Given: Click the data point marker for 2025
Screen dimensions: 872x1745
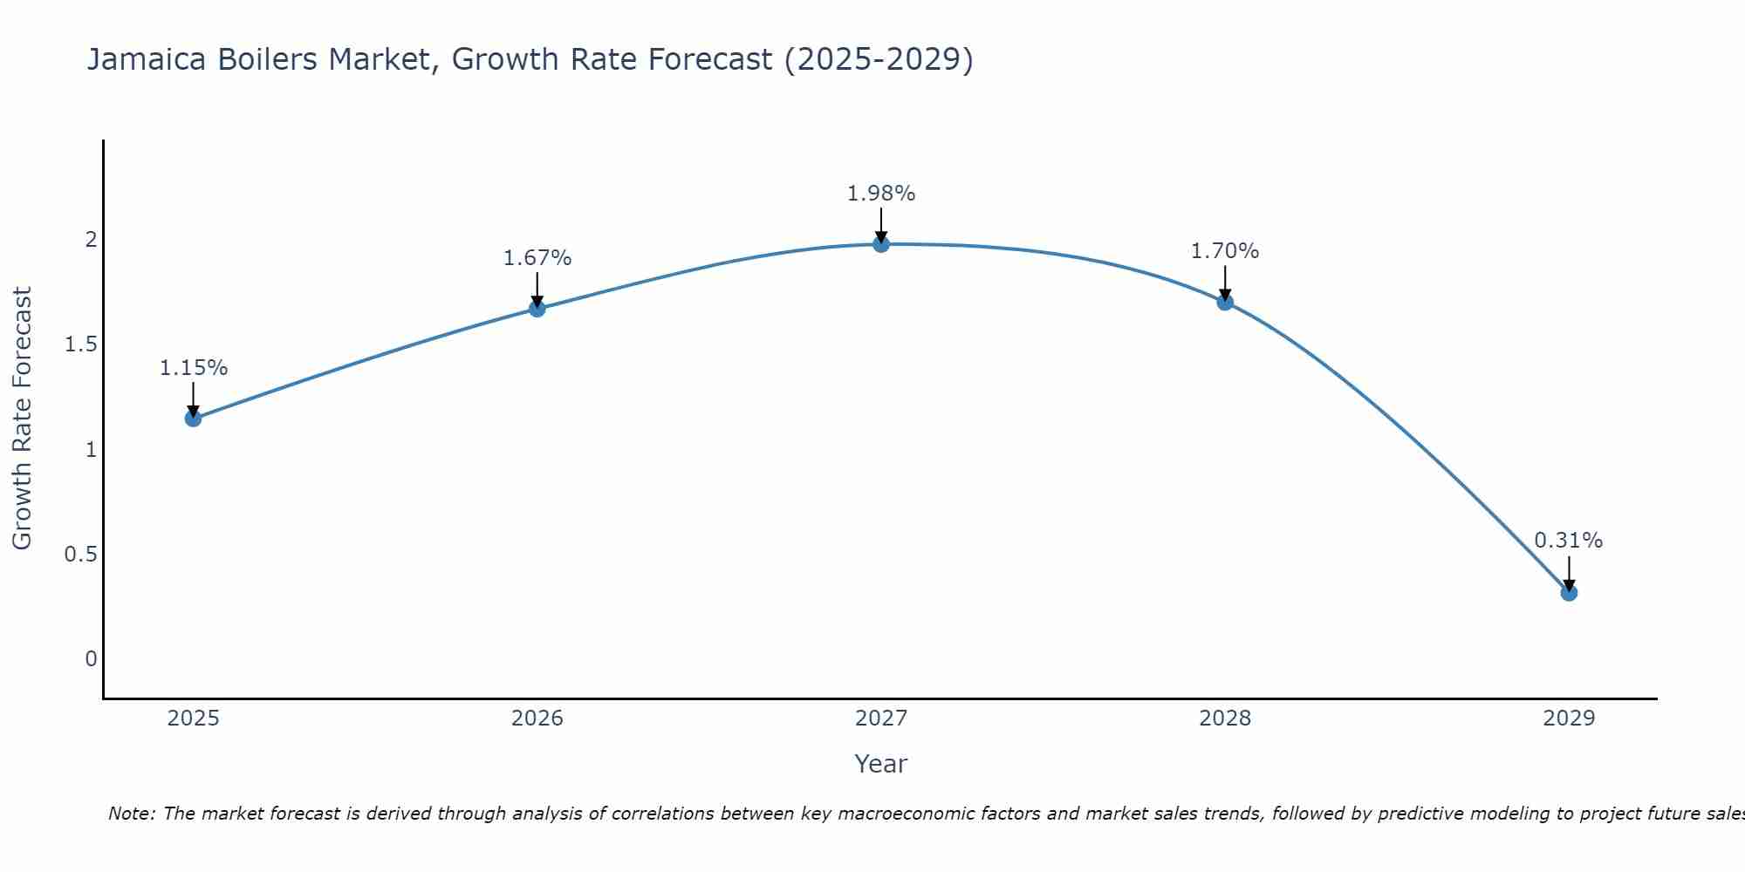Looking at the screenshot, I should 193,419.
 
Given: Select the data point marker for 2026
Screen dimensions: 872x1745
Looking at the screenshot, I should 537,309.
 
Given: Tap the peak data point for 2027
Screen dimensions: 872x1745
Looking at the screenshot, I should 881,244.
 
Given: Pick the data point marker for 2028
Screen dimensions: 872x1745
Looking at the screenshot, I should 1225,303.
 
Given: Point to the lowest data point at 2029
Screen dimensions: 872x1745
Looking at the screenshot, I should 1569,593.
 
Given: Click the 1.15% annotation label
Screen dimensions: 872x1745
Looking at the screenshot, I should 193,368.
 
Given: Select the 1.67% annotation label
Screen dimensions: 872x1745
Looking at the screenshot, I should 537,258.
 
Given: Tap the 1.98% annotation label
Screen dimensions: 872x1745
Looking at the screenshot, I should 881,194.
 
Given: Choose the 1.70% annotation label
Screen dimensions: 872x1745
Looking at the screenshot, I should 1225,251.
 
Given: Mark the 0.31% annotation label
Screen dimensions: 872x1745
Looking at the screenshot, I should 1569,541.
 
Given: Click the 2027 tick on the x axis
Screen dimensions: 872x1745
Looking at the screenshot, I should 881,719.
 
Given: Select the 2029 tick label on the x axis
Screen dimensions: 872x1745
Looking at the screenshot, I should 1569,719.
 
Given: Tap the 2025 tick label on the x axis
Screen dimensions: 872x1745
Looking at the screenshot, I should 193,719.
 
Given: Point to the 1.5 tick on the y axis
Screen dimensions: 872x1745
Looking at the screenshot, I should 80,344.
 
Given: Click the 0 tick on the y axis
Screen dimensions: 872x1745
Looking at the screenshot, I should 91,659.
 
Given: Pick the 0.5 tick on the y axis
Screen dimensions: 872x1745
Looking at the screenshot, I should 80,555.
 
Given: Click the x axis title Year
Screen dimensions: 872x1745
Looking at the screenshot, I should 881,764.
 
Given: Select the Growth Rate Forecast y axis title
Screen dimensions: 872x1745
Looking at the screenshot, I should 22,419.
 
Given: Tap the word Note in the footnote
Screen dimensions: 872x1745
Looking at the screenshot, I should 131,814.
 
